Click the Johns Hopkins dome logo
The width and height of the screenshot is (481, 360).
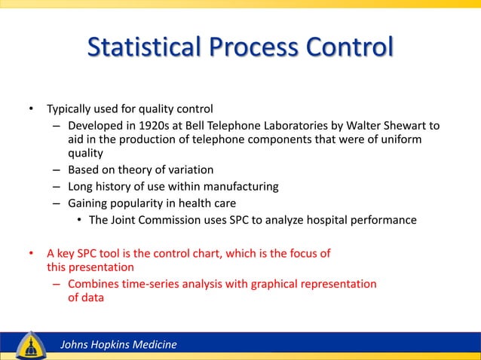tap(29, 344)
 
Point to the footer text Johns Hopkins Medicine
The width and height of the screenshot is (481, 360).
tap(118, 345)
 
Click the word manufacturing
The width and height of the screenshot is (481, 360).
tap(244, 187)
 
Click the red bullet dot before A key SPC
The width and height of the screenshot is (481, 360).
tap(32, 253)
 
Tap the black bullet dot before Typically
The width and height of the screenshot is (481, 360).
tap(32, 108)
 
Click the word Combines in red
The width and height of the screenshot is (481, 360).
tap(92, 284)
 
